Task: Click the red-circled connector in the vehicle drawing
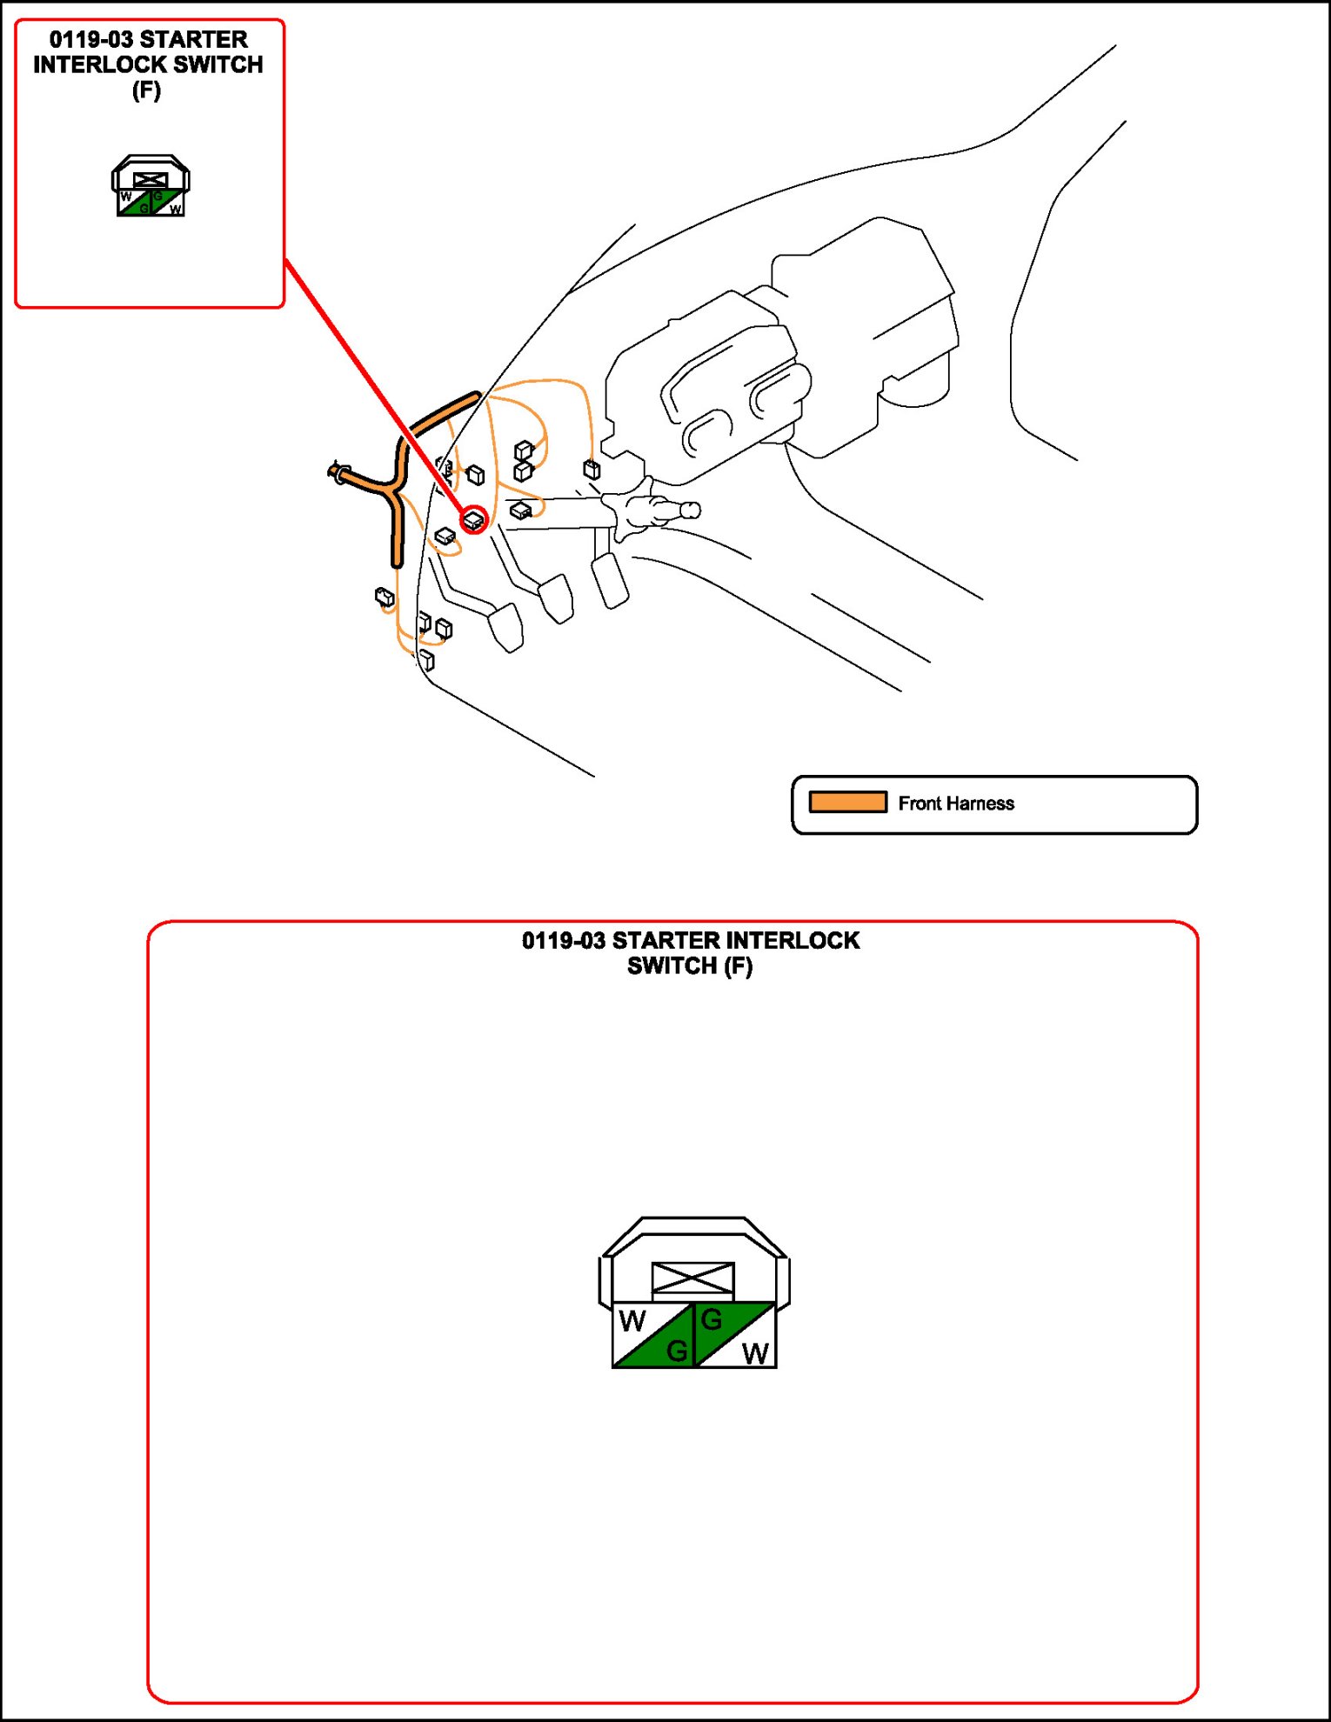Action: coord(474,520)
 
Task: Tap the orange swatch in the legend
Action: coord(847,802)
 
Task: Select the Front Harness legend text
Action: coord(956,804)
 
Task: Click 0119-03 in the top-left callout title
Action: coord(90,40)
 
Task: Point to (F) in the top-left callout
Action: coord(146,90)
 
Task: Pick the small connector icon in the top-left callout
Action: coord(150,186)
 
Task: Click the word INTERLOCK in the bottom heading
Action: coord(792,941)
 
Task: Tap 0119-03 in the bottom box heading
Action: coord(563,941)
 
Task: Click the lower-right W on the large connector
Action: coord(755,1353)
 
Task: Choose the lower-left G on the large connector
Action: coord(676,1351)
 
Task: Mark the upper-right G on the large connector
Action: coord(712,1320)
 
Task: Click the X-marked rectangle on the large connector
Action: coord(693,1278)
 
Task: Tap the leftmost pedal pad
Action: coord(506,627)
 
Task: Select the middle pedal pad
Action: coord(557,598)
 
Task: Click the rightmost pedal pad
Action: coord(610,580)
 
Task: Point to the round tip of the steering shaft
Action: coord(692,510)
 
